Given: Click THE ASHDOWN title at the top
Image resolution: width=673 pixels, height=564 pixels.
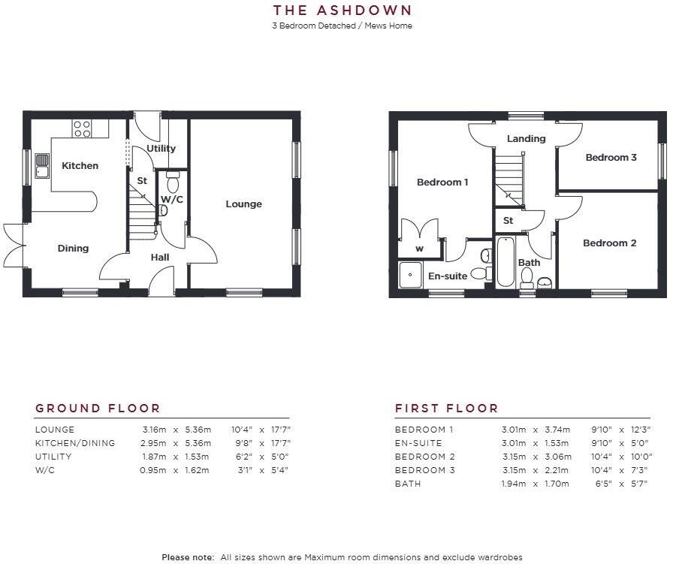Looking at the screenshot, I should (x=342, y=11).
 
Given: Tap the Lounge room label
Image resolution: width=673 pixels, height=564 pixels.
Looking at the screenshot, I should (x=243, y=204).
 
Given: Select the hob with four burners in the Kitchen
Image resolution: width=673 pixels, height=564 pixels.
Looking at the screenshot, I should (x=82, y=128).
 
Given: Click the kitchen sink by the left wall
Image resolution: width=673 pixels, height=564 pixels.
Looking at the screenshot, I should (x=42, y=165).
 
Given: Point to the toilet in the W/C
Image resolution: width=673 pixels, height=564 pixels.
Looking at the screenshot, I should (x=173, y=182).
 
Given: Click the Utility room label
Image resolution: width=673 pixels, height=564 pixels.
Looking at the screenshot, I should (x=161, y=148).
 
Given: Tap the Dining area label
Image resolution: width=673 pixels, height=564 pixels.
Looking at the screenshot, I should (x=73, y=248).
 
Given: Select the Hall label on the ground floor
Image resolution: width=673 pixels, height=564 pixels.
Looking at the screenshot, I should (x=159, y=257).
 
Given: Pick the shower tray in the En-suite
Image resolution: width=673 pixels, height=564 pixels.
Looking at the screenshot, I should (x=410, y=274).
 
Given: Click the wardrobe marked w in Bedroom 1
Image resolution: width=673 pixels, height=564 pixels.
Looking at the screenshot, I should (x=419, y=249).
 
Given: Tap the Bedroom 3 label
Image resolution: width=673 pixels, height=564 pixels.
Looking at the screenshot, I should (x=611, y=157).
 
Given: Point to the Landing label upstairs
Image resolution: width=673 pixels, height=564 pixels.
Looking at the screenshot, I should (x=526, y=139).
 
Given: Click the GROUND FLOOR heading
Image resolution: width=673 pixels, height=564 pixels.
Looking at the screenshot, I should (x=98, y=409).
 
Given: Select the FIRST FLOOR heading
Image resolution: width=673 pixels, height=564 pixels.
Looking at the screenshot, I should (x=446, y=409).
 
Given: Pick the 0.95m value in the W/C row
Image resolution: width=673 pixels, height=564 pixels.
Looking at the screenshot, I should (x=155, y=470).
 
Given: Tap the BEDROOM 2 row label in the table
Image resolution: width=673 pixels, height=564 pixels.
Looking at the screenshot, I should (x=420, y=457).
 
